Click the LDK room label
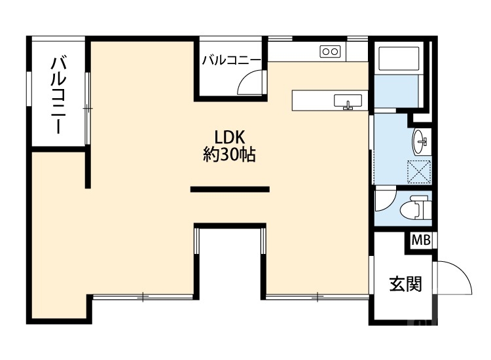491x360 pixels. (230, 137)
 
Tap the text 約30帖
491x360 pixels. (230, 156)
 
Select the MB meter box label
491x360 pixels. (421, 240)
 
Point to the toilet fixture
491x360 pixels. (414, 209)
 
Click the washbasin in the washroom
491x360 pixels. (420, 139)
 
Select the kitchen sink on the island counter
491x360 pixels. (348, 101)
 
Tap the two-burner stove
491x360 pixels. (330, 51)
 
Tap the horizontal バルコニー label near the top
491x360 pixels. (231, 61)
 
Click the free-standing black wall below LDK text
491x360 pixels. (230, 189)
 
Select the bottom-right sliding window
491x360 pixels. (318, 297)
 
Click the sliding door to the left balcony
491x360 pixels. (88, 107)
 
